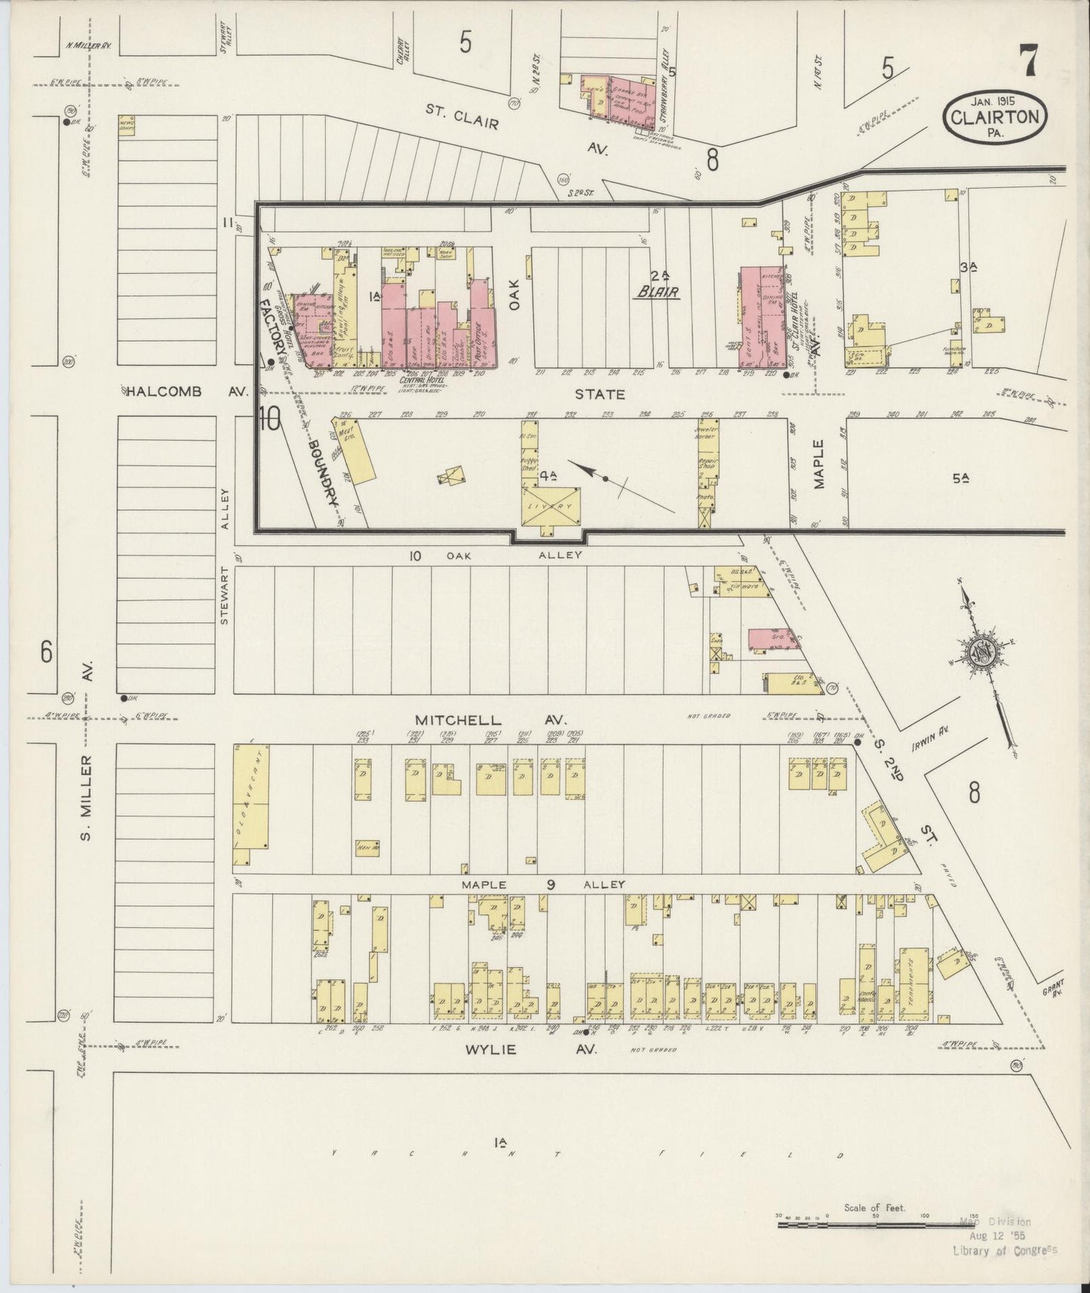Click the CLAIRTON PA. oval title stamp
995,117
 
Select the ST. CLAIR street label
461,118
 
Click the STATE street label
600,394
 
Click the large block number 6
47,652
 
